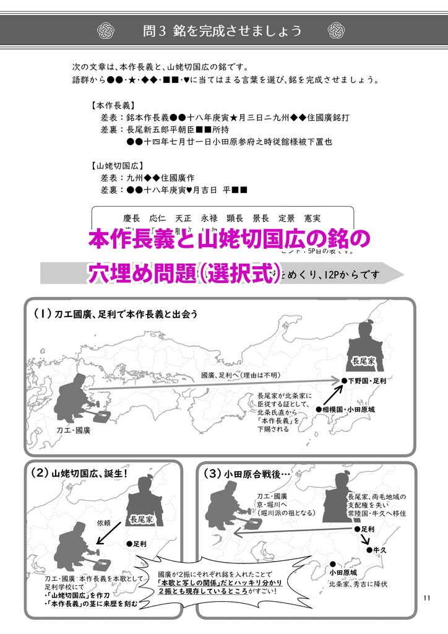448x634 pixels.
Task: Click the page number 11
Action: coord(426,597)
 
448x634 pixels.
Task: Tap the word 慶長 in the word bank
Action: coord(132,219)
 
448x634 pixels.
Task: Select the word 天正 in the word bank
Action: coord(184,219)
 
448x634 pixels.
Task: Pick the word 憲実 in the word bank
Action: coord(312,219)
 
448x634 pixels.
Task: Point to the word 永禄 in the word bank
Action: coord(209,219)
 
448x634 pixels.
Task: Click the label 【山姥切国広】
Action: coord(118,166)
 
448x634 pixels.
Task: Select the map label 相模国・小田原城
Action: coord(349,410)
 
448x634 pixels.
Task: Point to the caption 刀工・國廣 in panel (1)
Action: coord(73,430)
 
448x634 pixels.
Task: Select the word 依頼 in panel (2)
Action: coord(103,523)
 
